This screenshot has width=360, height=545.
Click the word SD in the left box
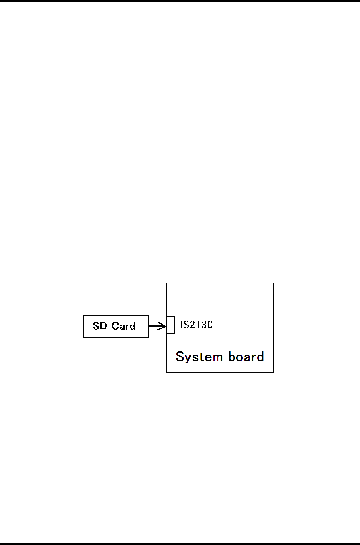point(100,326)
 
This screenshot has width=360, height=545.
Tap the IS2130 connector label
point(196,325)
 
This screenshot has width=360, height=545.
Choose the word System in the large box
point(194,357)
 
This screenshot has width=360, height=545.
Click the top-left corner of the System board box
point(167,283)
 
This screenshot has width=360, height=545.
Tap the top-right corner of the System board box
point(273,283)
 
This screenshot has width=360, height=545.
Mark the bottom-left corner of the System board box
point(167,372)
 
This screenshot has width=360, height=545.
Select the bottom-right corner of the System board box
point(273,372)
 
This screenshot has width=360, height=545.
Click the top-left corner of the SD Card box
point(84,315)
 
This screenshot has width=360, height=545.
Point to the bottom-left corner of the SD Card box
point(84,337)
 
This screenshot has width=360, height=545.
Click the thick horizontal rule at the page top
point(180,1)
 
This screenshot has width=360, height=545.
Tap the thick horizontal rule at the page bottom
point(180,543)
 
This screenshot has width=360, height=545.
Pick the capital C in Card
point(115,326)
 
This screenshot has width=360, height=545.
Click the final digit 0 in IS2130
point(210,325)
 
